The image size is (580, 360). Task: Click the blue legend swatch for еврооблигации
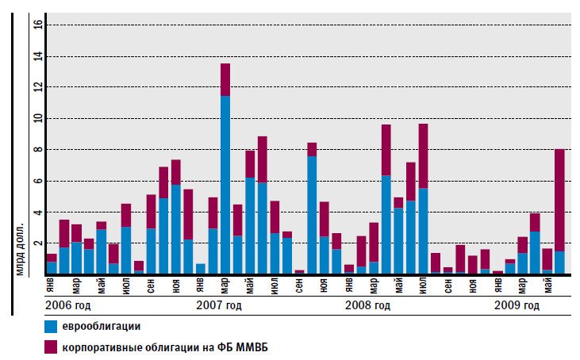[x=52, y=326]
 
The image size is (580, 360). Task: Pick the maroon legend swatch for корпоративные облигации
[x=52, y=347]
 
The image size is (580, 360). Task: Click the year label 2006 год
[x=67, y=305]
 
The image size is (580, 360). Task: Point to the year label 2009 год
[x=517, y=305]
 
